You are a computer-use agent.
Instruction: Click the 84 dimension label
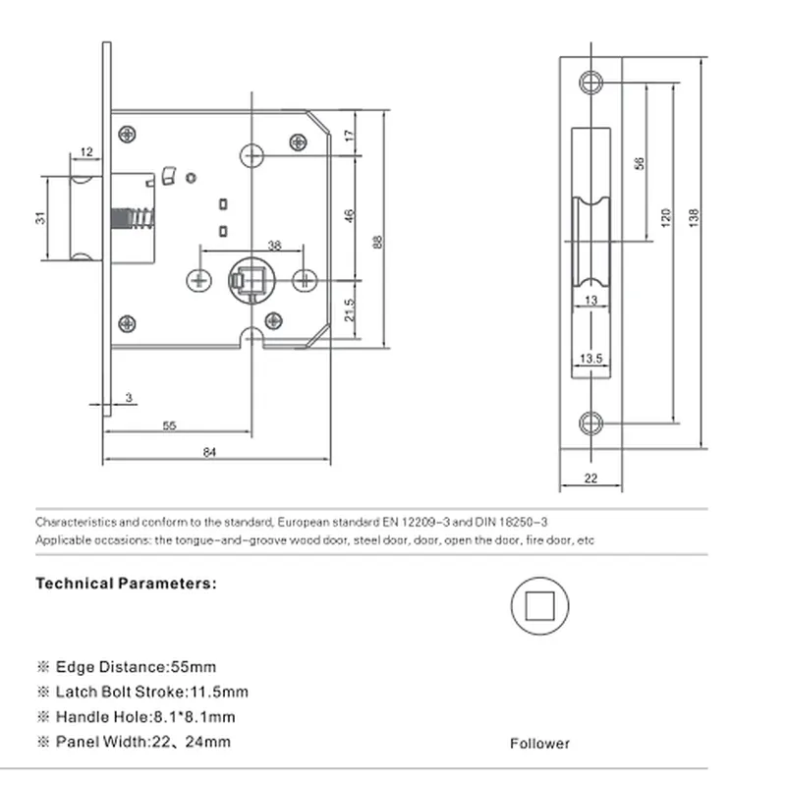pyautogui.click(x=209, y=452)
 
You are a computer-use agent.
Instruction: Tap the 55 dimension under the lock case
pyautogui.click(x=169, y=425)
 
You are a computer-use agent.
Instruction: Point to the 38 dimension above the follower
pyautogui.click(x=275, y=245)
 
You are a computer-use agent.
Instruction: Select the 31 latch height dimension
pyautogui.click(x=40, y=218)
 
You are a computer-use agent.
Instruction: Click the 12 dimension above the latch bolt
pyautogui.click(x=86, y=151)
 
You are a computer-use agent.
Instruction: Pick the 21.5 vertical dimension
pyautogui.click(x=350, y=309)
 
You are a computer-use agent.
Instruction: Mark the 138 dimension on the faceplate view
pyautogui.click(x=694, y=218)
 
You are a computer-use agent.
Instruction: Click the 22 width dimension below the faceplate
pyautogui.click(x=591, y=478)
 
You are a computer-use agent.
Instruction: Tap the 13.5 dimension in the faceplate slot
pyautogui.click(x=591, y=359)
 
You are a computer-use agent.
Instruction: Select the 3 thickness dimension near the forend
pyautogui.click(x=129, y=398)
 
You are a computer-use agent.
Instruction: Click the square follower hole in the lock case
pyautogui.click(x=252, y=281)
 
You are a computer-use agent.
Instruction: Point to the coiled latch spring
pyautogui.click(x=133, y=218)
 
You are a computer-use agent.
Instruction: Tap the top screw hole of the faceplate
pyautogui.click(x=591, y=83)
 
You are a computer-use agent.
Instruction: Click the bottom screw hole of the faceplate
pyautogui.click(x=591, y=423)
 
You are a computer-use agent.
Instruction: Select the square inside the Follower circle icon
pyautogui.click(x=539, y=605)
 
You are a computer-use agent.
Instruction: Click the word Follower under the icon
pyautogui.click(x=539, y=743)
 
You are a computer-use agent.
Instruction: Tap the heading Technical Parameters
pyautogui.click(x=127, y=583)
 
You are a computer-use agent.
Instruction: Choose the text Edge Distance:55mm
pyautogui.click(x=136, y=667)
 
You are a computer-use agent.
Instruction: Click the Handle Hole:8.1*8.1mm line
pyautogui.click(x=145, y=716)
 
